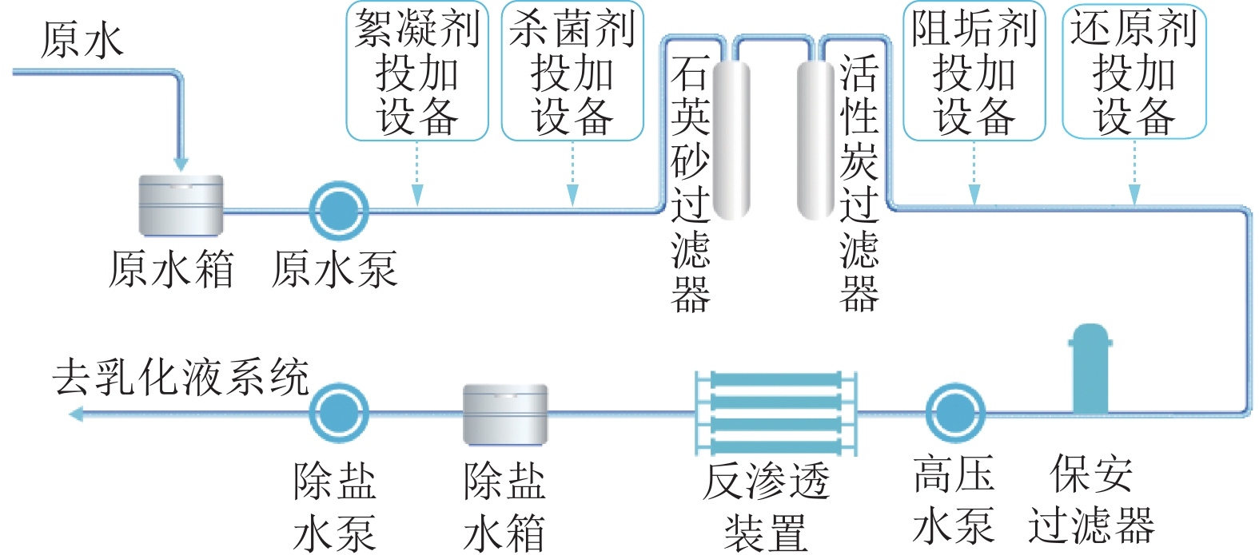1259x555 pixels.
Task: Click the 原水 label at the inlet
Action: click(82, 40)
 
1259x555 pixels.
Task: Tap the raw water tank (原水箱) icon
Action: click(181, 205)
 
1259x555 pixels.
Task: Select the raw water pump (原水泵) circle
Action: click(339, 211)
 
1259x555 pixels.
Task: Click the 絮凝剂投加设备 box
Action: click(416, 72)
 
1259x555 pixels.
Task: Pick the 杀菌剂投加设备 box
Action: click(572, 72)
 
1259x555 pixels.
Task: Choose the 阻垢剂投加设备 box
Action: click(974, 72)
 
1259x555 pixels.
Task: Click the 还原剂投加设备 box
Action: click(1133, 72)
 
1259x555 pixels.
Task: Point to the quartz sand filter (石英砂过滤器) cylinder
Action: click(731, 140)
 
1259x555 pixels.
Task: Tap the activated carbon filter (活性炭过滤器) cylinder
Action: click(815, 140)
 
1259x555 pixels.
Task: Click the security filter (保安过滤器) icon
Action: click(1090, 369)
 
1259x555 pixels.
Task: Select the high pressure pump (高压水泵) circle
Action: click(955, 413)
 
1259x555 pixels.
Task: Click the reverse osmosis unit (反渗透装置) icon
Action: click(775, 413)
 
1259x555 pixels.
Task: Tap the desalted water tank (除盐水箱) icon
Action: click(505, 414)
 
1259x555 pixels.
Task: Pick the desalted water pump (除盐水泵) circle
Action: click(339, 413)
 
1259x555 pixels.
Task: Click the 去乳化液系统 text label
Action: click(181, 377)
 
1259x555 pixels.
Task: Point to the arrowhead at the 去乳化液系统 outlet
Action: click(77, 414)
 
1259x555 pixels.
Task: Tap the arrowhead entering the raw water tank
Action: click(181, 163)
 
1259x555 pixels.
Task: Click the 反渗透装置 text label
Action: click(766, 507)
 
